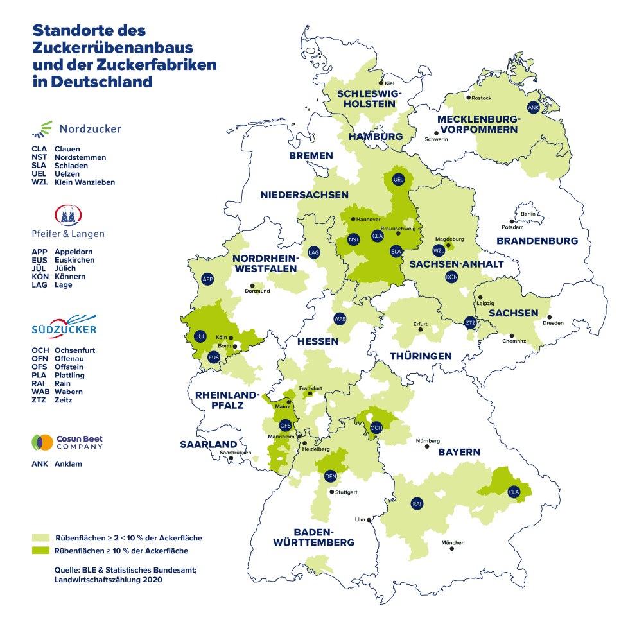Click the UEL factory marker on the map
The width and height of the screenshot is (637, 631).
point(397,180)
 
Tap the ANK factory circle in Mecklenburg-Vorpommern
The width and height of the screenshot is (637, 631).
point(532,107)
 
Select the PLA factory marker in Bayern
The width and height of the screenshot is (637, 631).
point(514,492)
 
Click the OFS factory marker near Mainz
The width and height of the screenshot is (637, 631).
point(286,425)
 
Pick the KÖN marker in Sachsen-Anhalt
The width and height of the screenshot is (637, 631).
point(451,277)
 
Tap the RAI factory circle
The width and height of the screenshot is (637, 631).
point(417,503)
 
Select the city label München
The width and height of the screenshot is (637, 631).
point(453,543)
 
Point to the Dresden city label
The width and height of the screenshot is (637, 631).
point(553,323)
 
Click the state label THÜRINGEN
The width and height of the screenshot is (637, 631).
point(421,356)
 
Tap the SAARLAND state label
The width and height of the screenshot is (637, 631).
point(208,444)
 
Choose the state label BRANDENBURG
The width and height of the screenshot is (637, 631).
point(537,241)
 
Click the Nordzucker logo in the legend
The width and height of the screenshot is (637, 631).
point(76,129)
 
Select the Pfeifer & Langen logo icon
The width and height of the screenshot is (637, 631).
point(67,215)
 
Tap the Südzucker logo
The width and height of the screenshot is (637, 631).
point(64,327)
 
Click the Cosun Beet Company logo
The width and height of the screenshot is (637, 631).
point(67,442)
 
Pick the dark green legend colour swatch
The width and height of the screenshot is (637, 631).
point(41,551)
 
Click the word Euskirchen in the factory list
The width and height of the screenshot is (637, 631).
point(74,260)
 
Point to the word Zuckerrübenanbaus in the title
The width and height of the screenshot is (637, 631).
point(113,48)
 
